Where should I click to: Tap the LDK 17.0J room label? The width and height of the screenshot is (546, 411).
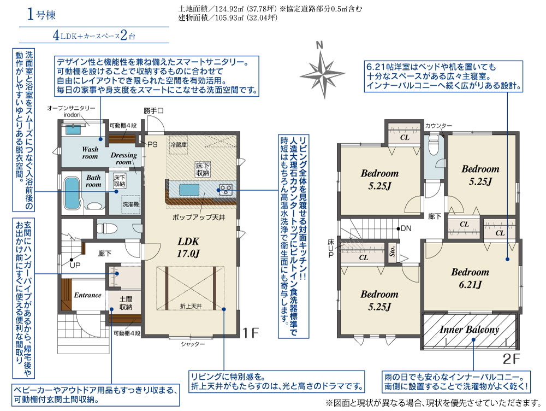[x=188, y=247]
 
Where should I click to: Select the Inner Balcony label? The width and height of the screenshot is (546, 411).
[x=469, y=330]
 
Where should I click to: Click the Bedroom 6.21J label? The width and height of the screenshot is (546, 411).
[x=470, y=278]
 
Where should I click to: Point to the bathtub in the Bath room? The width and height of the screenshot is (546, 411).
[x=73, y=193]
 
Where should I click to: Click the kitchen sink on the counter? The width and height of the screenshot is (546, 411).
[x=190, y=190]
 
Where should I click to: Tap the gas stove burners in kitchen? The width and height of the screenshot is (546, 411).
[x=225, y=190]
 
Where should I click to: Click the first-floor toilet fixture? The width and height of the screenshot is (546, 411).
[x=104, y=228]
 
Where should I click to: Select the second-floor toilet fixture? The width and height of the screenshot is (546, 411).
[x=434, y=145]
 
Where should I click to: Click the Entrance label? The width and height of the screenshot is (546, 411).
[x=88, y=295]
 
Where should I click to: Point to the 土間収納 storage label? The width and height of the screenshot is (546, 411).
[x=126, y=303]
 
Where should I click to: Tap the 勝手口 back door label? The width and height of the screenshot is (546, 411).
[x=153, y=111]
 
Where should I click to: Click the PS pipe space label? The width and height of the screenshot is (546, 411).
[x=152, y=144]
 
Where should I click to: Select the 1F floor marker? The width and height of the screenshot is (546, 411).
[x=251, y=333]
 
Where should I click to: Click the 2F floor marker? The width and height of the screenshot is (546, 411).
[x=511, y=359]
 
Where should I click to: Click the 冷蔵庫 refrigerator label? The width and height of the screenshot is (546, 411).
[x=179, y=144]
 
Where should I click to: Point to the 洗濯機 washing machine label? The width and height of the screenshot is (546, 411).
[x=130, y=204]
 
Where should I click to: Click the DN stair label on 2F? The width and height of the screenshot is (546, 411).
[x=406, y=228]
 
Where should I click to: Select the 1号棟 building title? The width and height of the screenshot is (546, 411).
[x=41, y=15]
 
